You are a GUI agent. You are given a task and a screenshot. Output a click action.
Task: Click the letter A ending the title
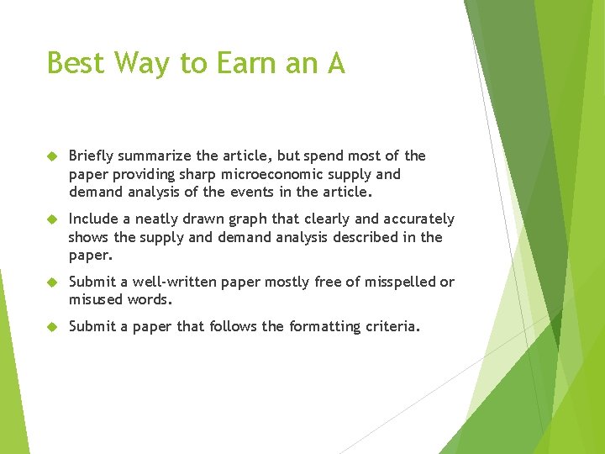(x=335, y=63)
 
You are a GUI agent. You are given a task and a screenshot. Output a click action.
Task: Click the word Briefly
(x=92, y=156)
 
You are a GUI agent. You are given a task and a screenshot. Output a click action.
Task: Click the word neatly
(x=160, y=219)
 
